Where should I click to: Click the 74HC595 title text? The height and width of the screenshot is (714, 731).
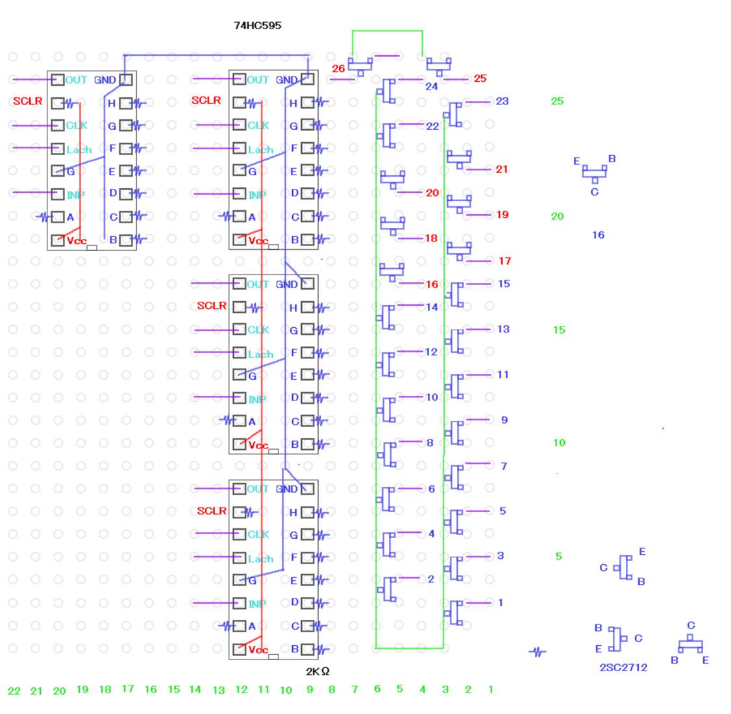257,26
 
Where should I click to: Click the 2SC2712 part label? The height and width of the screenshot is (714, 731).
623,667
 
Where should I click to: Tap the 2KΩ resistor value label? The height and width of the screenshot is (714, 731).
317,671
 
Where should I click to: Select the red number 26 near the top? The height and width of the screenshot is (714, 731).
338,68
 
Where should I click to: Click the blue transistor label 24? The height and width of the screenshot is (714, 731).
431,86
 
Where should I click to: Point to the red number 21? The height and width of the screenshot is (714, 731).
501,169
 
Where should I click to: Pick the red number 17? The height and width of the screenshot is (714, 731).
504,261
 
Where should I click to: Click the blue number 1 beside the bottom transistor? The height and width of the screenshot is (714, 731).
500,602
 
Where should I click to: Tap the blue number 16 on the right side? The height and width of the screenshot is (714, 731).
597,235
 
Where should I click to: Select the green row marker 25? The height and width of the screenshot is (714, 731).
557,101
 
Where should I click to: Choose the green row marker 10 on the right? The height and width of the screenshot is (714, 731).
558,443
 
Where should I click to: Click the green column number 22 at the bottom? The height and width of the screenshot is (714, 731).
14,691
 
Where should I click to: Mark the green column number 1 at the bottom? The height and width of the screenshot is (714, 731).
490,689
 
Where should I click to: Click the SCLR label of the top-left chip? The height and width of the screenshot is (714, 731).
27,102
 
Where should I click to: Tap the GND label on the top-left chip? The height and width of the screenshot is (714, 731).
105,80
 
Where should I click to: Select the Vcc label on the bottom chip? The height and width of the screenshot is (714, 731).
258,650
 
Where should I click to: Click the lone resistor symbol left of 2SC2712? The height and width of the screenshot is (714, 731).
537,652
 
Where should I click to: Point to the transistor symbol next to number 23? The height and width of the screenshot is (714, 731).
454,114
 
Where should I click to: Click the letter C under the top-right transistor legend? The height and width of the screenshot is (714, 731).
594,192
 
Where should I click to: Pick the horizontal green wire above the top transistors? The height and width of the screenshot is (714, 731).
387,31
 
